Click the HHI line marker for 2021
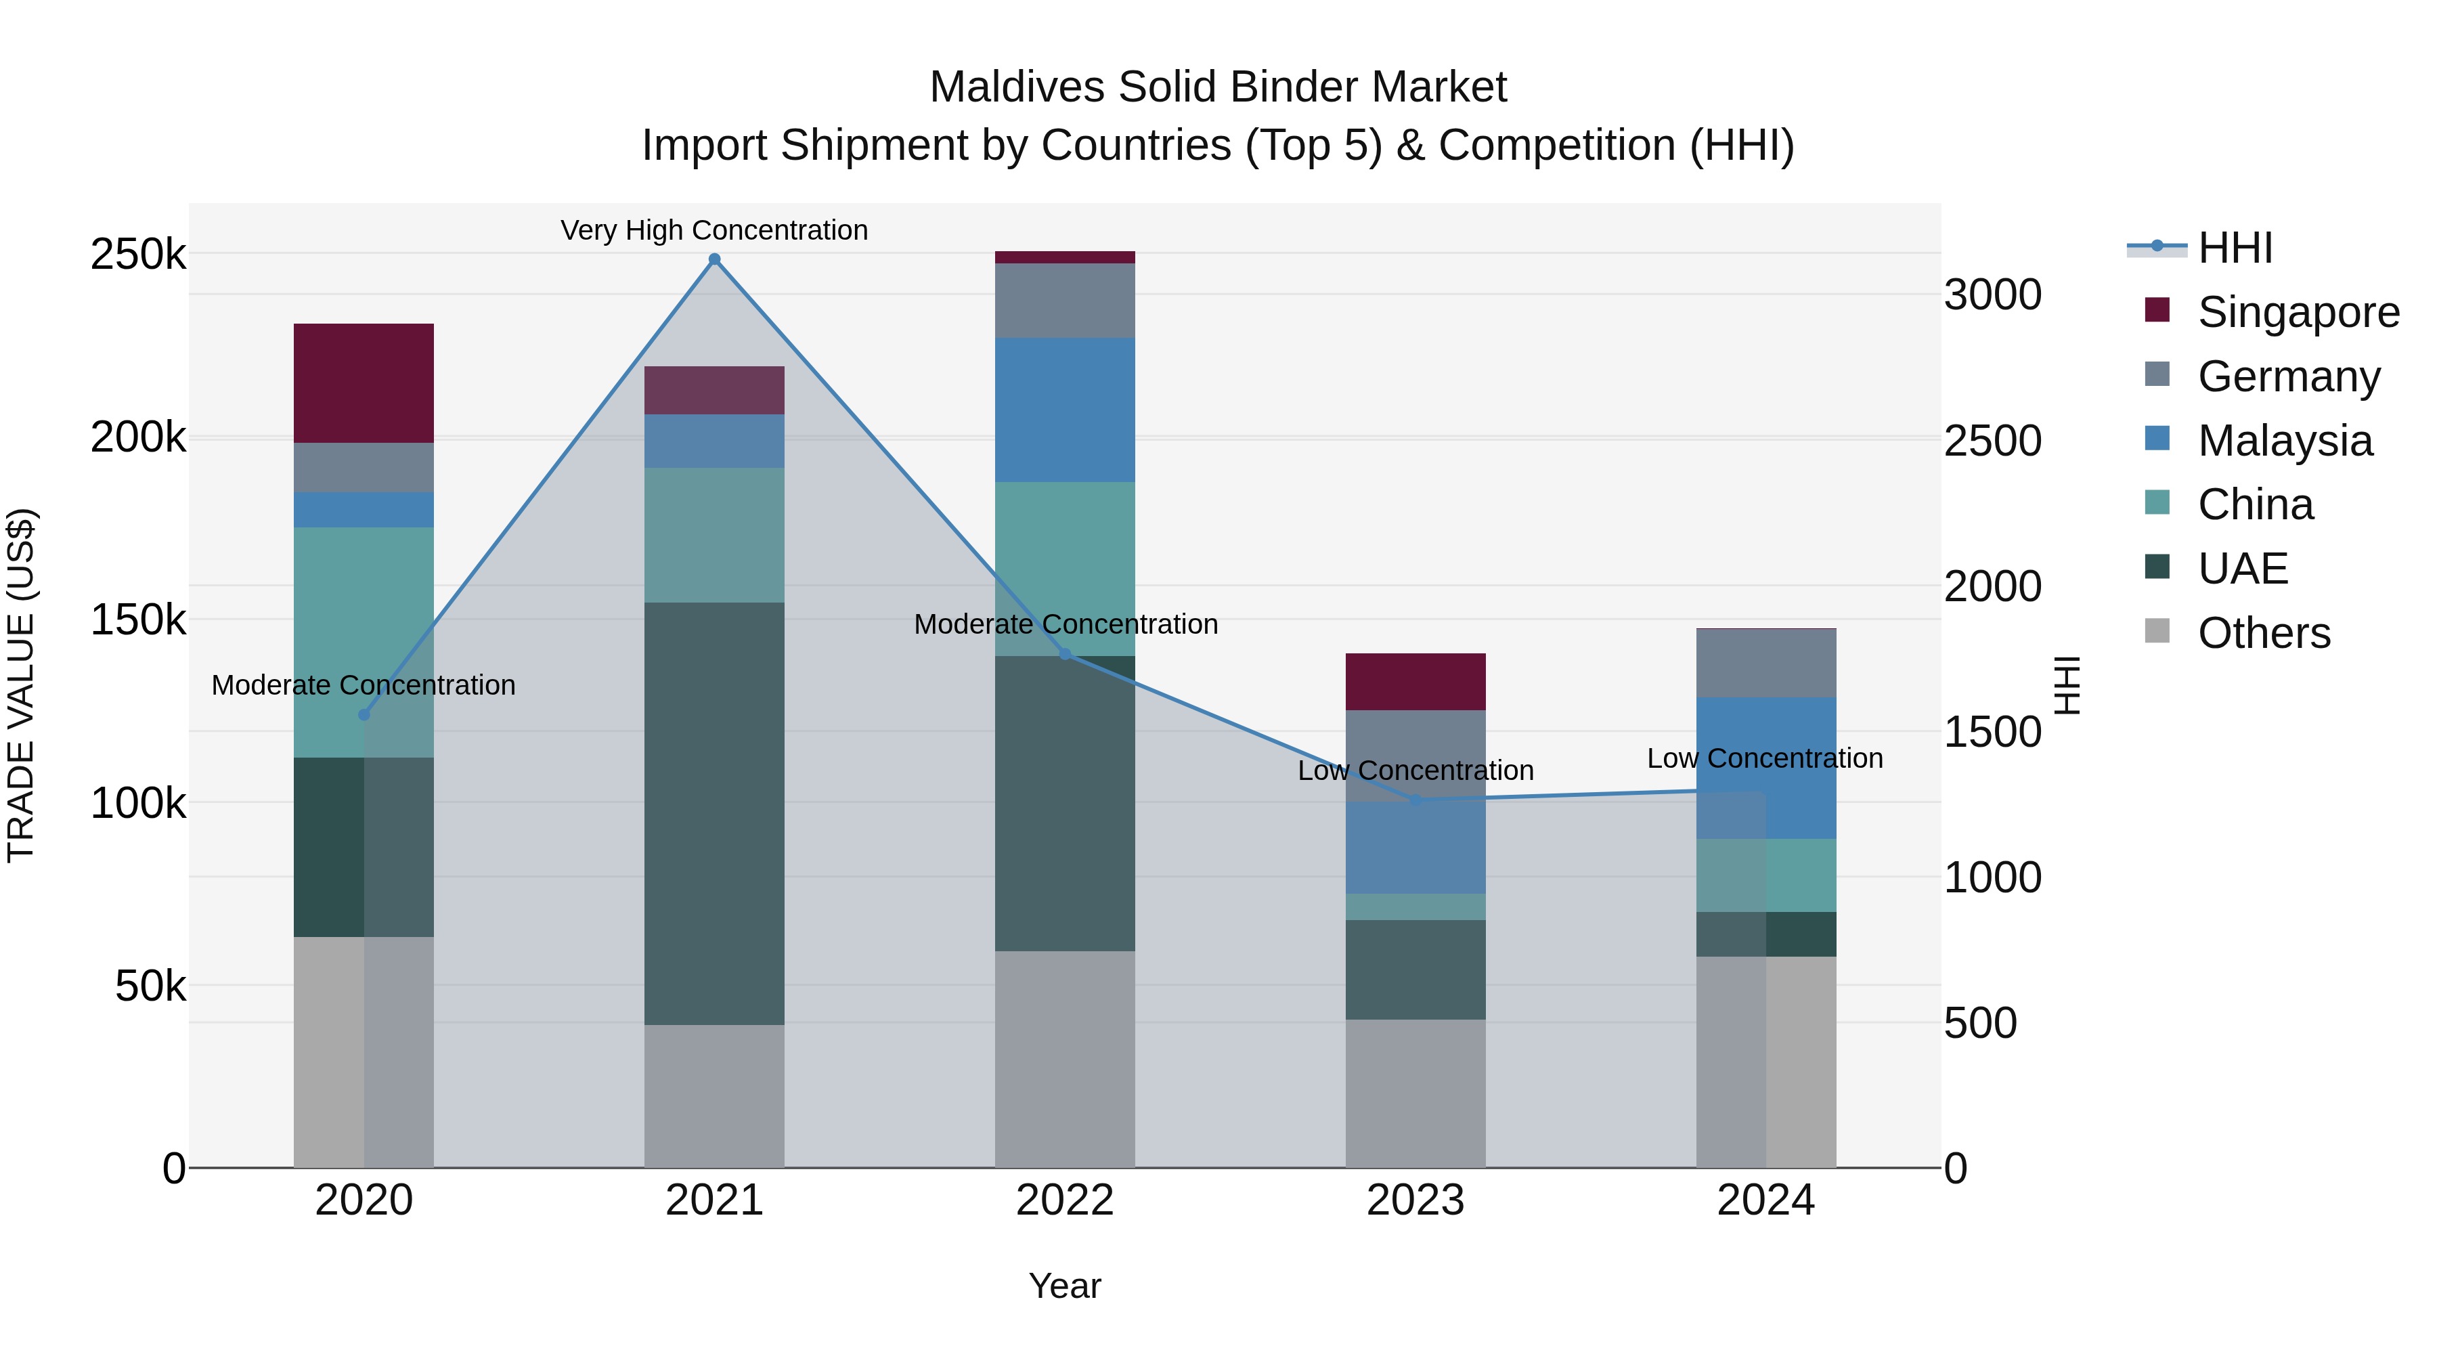click(x=714, y=259)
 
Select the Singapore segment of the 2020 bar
click(x=364, y=383)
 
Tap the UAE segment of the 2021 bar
click(x=714, y=814)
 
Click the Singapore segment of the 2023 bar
click(x=1415, y=681)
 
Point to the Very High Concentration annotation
click(x=714, y=230)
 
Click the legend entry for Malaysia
click(x=2284, y=441)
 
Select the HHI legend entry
click(x=2235, y=248)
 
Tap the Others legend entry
click(x=2263, y=633)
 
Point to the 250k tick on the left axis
click(x=138, y=255)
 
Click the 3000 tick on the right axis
click(x=1992, y=295)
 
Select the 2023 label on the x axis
click(x=1415, y=1200)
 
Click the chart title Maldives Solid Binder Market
click(x=1218, y=87)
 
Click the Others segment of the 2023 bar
click(x=1415, y=1093)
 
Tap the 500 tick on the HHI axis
click(x=1980, y=1024)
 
